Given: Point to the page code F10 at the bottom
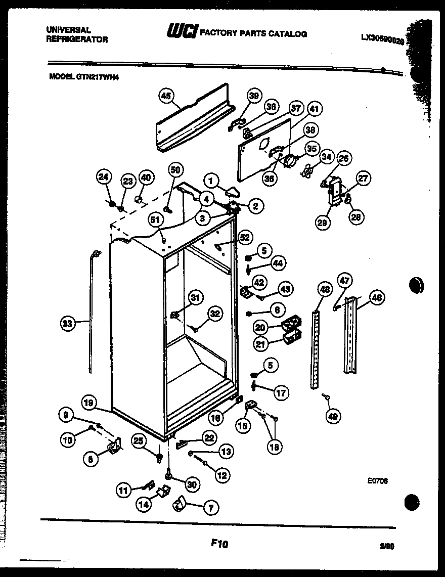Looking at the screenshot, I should coord(219,544).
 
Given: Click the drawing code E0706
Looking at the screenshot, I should coord(377,482).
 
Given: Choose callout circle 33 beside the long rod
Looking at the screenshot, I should coord(67,324).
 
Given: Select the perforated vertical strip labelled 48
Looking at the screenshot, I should coord(317,349).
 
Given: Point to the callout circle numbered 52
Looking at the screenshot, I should coord(245,237).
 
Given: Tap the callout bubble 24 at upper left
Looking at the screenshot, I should coord(104,177).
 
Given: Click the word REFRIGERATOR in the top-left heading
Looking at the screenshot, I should coord(77,39).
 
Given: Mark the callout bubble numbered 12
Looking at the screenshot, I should coord(222,475).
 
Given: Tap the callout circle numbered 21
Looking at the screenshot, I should coord(260,345).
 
